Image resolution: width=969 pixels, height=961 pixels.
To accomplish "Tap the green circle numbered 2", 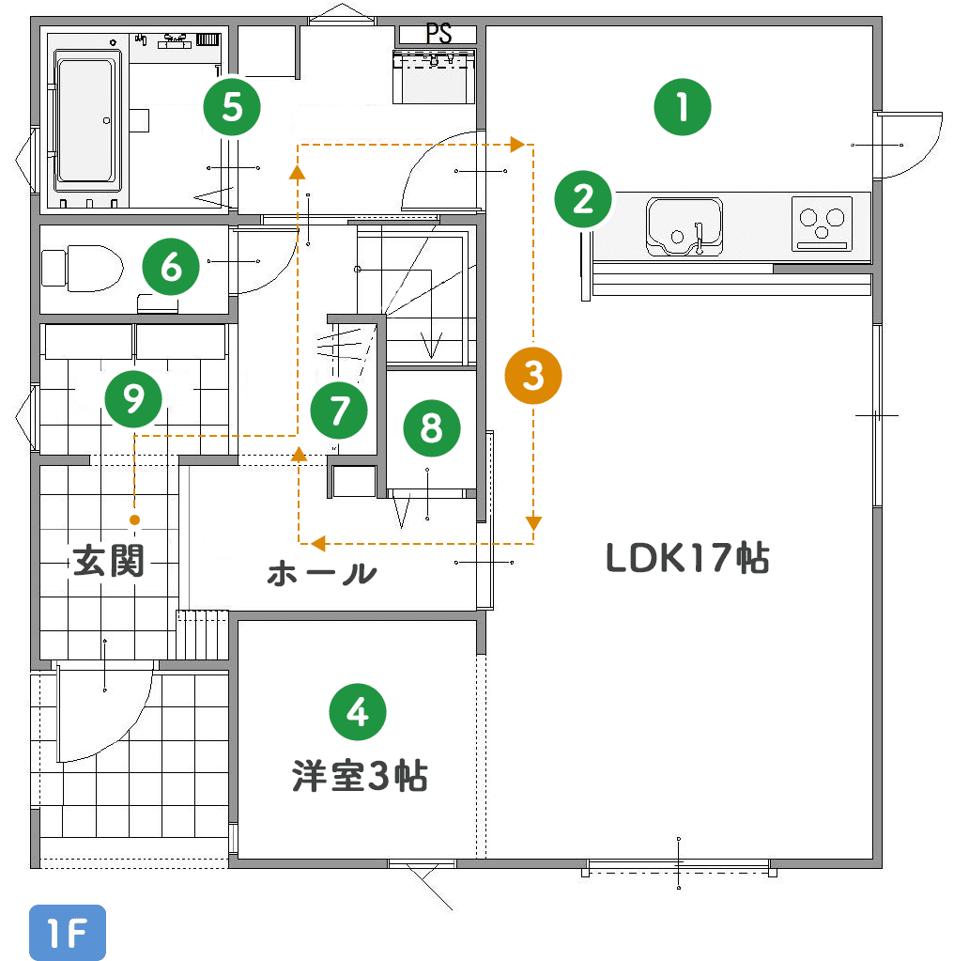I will (x=583, y=199).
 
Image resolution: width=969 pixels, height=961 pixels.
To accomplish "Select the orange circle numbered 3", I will (x=533, y=376).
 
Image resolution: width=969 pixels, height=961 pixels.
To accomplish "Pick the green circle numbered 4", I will (x=358, y=713).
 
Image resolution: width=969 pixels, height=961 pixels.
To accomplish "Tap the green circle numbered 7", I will (x=339, y=410).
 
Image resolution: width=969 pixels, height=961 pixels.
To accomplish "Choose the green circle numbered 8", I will (x=432, y=428).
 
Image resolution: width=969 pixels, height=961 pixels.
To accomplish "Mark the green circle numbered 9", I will (x=133, y=399).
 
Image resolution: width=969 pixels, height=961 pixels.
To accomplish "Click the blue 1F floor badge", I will (x=68, y=933).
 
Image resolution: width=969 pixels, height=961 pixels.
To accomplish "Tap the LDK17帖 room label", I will (x=688, y=559).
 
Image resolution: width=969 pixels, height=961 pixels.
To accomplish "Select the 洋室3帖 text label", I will (x=360, y=777).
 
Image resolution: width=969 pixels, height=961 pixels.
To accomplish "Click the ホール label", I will (x=322, y=573).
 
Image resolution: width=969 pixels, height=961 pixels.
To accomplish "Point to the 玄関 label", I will (x=109, y=562).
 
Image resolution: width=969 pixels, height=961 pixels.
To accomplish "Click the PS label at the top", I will (x=438, y=34).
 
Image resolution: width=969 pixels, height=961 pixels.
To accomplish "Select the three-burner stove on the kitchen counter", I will (x=822, y=224).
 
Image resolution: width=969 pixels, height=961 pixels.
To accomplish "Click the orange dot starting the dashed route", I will (x=135, y=519).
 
